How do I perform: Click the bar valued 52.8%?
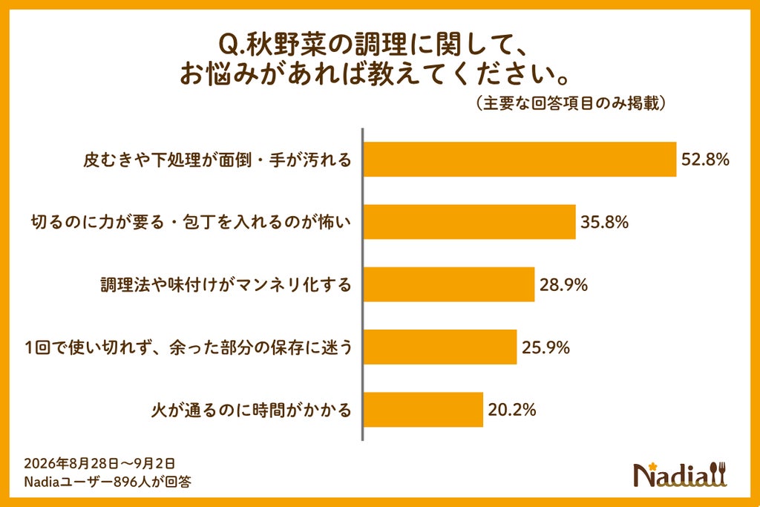(520, 160)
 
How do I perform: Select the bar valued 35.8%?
(470, 222)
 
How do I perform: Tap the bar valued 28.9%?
(449, 284)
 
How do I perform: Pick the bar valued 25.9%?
(440, 347)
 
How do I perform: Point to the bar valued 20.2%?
(424, 410)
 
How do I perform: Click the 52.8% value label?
(705, 160)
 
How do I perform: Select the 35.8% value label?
(604, 222)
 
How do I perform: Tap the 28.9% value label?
(564, 284)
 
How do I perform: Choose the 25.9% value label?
(546, 347)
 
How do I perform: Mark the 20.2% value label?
(512, 410)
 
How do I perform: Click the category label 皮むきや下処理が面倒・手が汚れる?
(217, 160)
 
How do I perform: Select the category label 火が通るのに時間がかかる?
(251, 410)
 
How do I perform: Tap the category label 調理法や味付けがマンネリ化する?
(226, 284)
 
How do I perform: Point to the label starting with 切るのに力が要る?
(191, 222)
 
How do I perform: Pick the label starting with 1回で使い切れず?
(189, 347)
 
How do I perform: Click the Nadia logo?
(681, 474)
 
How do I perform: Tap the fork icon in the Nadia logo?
(721, 474)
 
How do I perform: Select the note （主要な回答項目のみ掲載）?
(570, 103)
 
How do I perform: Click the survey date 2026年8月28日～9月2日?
(99, 463)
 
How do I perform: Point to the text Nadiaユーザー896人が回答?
(108, 481)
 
